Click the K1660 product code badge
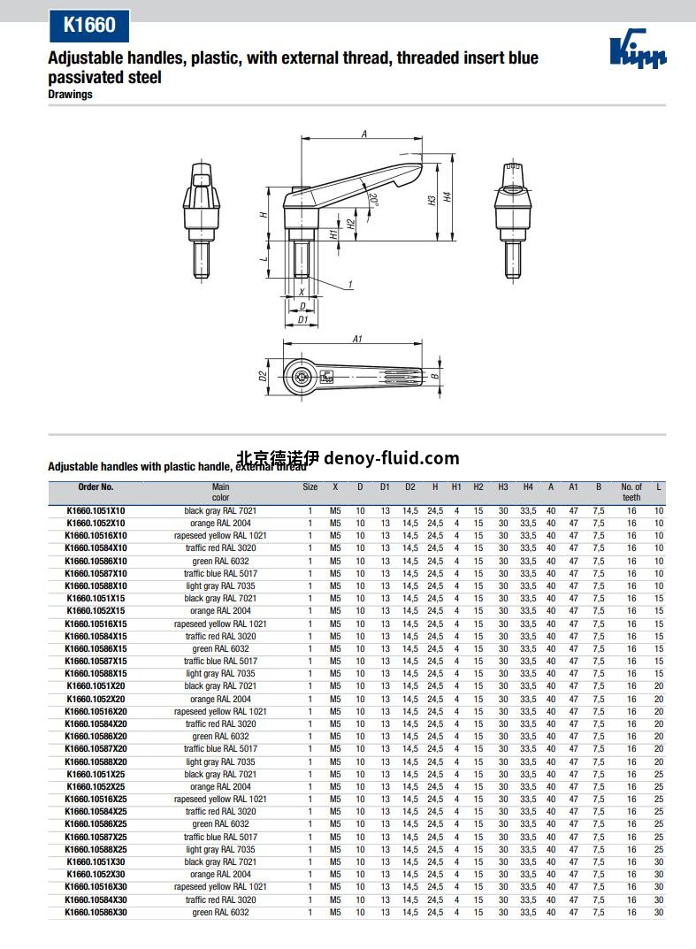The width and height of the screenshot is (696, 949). click(88, 25)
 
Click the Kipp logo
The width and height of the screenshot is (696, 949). click(638, 51)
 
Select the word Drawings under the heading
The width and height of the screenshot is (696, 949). click(70, 95)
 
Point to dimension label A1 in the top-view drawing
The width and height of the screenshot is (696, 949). click(357, 339)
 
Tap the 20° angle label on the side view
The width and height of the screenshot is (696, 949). click(374, 200)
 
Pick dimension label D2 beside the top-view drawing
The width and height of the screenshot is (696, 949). click(263, 376)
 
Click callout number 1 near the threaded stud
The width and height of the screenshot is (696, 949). click(350, 284)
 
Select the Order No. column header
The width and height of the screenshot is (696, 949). click(96, 487)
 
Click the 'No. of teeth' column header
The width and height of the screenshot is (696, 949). click(631, 492)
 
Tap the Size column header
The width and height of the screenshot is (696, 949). click(310, 487)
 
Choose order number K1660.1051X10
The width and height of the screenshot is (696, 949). click(96, 511)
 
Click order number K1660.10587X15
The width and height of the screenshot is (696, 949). click(96, 662)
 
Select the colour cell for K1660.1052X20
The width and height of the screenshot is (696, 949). click(220, 700)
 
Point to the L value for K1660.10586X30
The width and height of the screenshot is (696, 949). click(659, 913)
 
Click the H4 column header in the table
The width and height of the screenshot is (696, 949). click(528, 487)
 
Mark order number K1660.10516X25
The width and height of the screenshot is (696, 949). click(96, 800)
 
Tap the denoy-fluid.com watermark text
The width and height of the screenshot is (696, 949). click(392, 458)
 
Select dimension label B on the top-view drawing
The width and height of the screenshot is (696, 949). click(434, 376)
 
